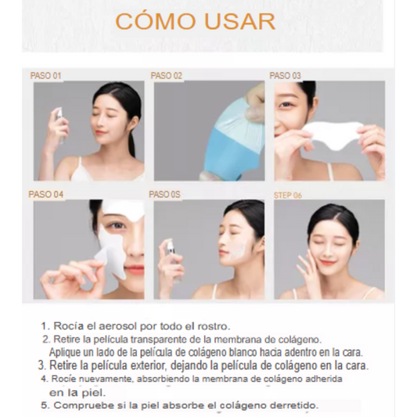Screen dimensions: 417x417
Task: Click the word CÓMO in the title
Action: (x=156, y=20)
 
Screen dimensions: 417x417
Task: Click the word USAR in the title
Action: (x=240, y=21)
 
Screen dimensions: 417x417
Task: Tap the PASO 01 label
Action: (x=45, y=76)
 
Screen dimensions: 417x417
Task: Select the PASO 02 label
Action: (x=167, y=76)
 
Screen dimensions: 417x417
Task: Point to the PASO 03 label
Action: (x=285, y=76)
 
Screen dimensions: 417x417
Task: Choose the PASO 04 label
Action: (x=45, y=194)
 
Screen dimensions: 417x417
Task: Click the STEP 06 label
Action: (x=288, y=196)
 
